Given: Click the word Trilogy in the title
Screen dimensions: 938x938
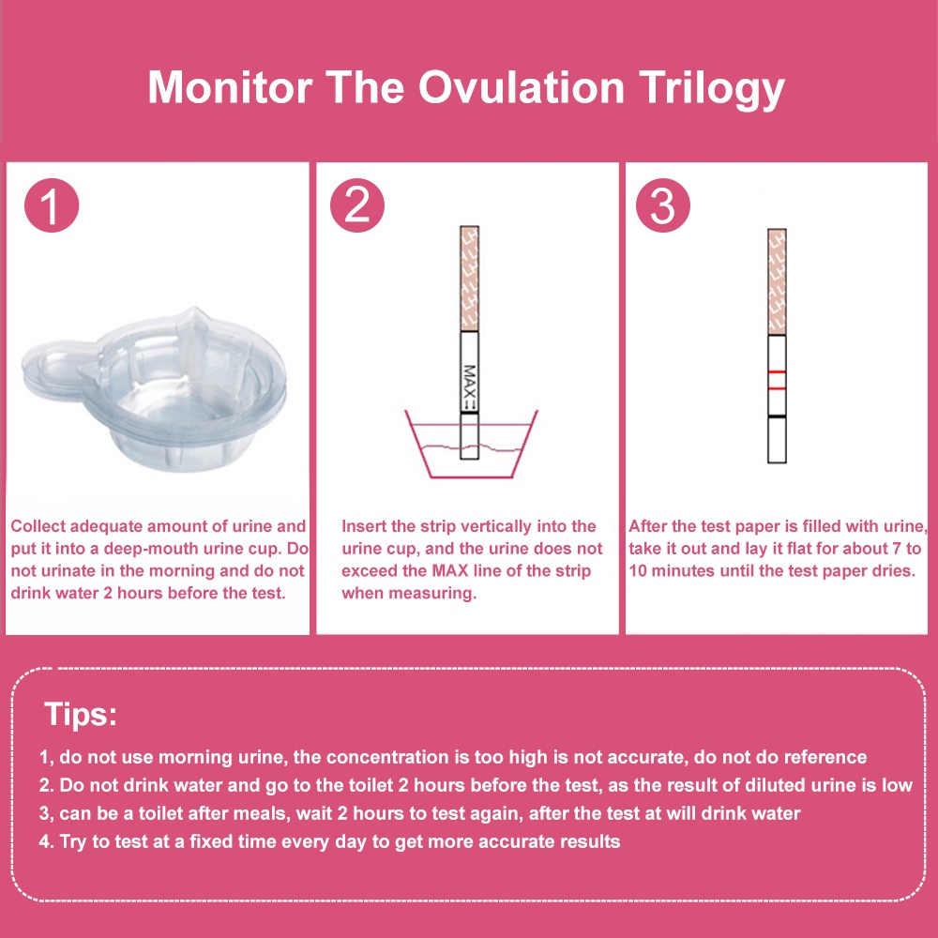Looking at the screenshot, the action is pyautogui.click(x=711, y=89).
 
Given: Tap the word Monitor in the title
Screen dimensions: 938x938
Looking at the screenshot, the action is pyautogui.click(x=231, y=87).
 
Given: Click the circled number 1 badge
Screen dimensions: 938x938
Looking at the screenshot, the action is pyautogui.click(x=52, y=205).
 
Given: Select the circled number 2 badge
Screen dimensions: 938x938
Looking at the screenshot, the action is pyautogui.click(x=357, y=205).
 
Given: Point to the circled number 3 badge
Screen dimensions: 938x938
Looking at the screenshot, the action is pyautogui.click(x=663, y=205).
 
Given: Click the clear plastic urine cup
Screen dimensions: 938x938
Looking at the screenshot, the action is pyautogui.click(x=155, y=389).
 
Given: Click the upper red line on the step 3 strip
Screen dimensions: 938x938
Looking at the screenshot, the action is pyautogui.click(x=777, y=372).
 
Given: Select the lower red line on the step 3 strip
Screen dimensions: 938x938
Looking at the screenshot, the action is pyautogui.click(x=777, y=389).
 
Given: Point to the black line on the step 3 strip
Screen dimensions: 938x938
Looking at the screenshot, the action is pyautogui.click(x=777, y=416).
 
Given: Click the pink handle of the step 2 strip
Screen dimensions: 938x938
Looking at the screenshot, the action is pyautogui.click(x=470, y=279).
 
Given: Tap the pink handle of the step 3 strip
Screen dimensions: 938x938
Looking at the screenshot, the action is pyautogui.click(x=777, y=281).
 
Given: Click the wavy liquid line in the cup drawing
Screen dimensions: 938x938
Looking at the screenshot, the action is pyautogui.click(x=472, y=447).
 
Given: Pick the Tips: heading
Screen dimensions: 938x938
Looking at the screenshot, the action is pyautogui.click(x=81, y=714).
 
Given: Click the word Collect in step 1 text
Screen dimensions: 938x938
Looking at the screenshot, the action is pyautogui.click(x=38, y=526).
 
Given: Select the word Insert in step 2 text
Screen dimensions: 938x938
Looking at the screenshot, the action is pyautogui.click(x=364, y=526).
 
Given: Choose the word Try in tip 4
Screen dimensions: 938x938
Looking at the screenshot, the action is pyautogui.click(x=72, y=841).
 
